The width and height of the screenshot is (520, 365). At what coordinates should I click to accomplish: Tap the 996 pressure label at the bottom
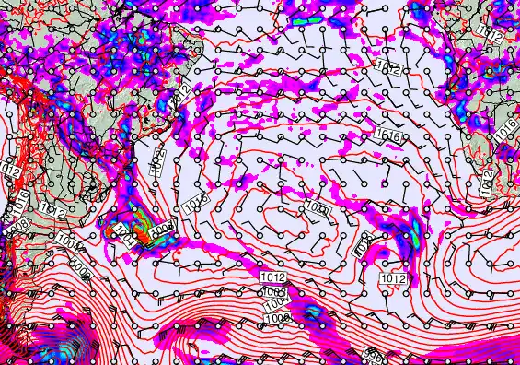pyautogui.click(x=373, y=354)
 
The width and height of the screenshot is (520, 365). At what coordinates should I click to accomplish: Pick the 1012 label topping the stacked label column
pyautogui.click(x=272, y=277)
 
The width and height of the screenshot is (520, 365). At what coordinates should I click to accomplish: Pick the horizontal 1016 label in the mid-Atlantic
pyautogui.click(x=387, y=135)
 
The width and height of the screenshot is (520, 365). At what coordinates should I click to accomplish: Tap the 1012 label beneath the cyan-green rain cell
pyautogui.click(x=394, y=278)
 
